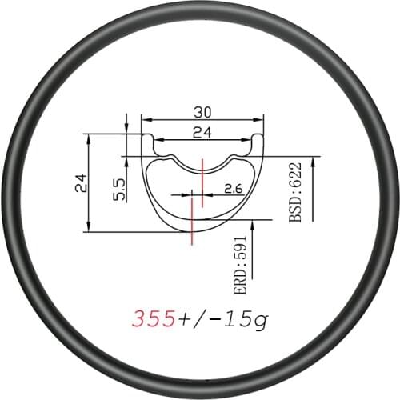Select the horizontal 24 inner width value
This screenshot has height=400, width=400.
(x=202, y=134)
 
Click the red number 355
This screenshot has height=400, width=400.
(x=154, y=320)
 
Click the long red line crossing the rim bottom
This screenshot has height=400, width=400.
(x=193, y=220)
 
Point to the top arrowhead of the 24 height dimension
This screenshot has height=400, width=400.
(x=88, y=138)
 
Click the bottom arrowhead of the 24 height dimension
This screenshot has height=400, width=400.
(x=88, y=229)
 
